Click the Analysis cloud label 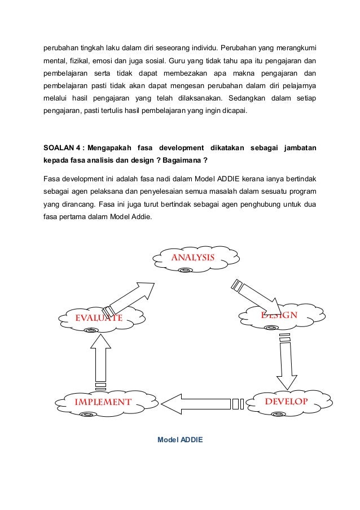coord(192,258)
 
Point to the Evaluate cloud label coord(99,317)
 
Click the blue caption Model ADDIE coord(180,438)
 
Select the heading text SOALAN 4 coord(60,148)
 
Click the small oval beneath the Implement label coord(87,415)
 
